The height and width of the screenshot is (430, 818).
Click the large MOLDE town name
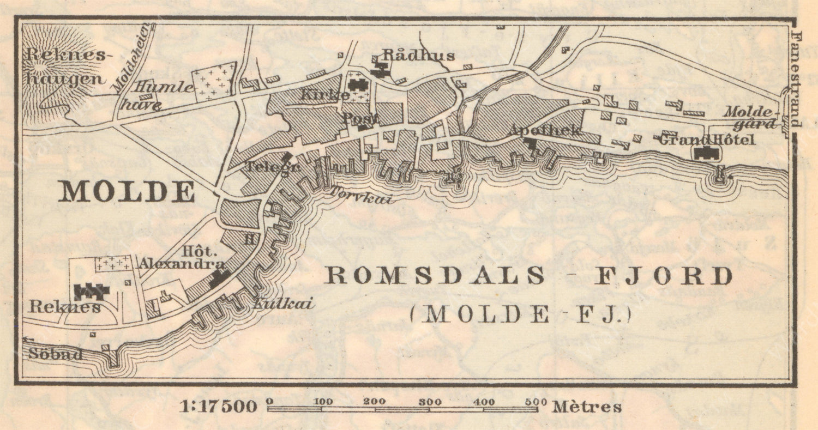coord(127,192)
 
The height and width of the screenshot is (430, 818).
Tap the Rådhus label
coord(418,55)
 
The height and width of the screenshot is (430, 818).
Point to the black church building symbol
coord(357,84)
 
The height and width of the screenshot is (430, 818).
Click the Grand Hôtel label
coord(707,140)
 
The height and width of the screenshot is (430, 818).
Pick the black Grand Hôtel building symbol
coord(707,154)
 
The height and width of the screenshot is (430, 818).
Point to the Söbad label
coord(56,355)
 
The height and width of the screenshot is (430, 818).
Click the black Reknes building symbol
coord(92,292)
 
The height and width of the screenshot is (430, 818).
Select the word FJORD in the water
coord(663,276)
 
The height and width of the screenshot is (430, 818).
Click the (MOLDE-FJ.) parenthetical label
coord(521,314)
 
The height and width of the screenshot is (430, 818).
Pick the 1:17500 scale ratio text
coord(219,407)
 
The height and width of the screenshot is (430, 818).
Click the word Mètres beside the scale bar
coord(587,407)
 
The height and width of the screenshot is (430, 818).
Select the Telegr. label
coord(272,167)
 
